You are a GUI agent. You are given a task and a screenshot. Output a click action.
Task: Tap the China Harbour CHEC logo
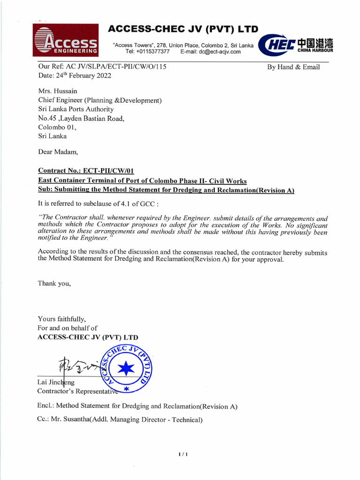click(296, 45)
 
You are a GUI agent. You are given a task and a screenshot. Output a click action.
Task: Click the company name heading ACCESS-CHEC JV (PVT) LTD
click(183, 30)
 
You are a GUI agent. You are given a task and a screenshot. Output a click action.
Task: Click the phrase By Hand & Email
click(293, 67)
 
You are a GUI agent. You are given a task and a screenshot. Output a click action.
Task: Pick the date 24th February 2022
click(82, 75)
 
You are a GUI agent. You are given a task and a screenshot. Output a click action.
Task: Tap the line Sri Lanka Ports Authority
click(76, 109)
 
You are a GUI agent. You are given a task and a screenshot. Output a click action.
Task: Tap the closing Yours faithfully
click(62, 319)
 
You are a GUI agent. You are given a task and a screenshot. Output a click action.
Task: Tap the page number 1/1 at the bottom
click(183, 454)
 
